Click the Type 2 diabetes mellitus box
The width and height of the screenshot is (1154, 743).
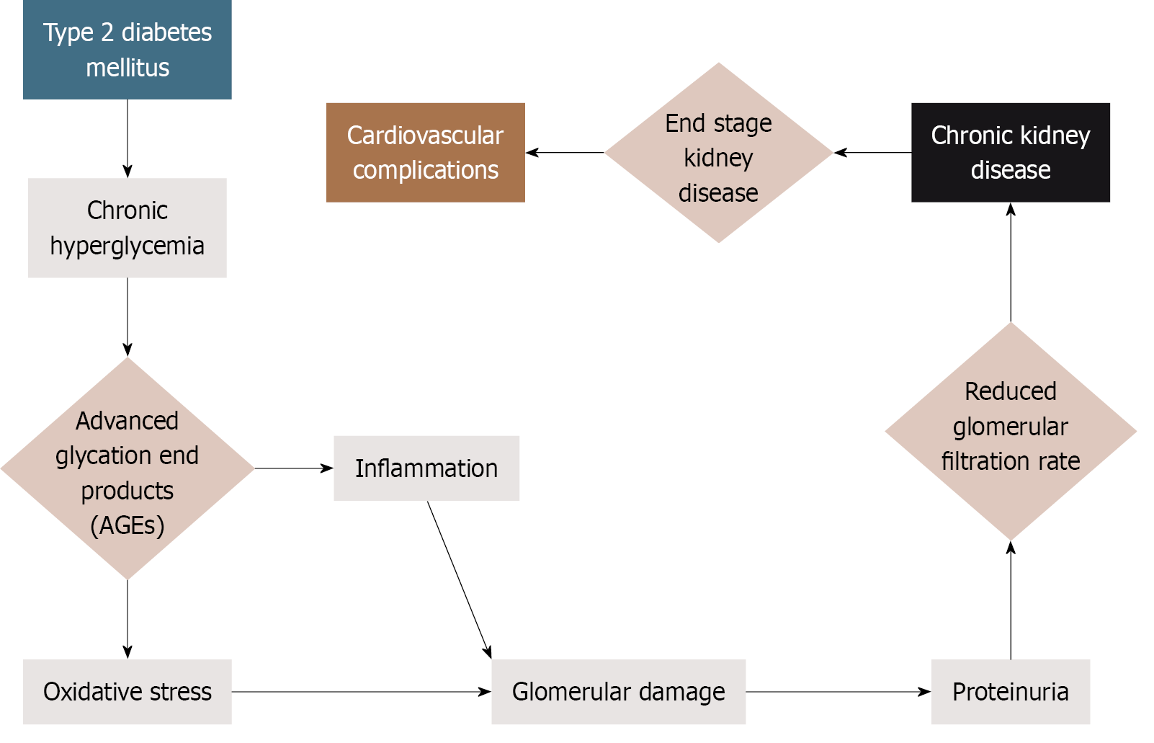pos(127,50)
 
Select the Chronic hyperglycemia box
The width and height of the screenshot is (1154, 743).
pos(127,228)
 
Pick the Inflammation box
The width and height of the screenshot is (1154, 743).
pos(426,468)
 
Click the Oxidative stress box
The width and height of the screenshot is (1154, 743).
pos(127,692)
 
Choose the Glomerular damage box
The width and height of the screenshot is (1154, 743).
pos(618,692)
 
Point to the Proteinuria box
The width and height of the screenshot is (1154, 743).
pos(1010,692)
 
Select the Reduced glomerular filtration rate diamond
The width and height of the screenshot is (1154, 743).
pos(1010,430)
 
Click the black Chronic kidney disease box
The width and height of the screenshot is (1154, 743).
pos(1010,152)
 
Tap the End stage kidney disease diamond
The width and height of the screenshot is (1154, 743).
pos(718,153)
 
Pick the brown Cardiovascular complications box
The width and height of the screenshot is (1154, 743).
pos(425,152)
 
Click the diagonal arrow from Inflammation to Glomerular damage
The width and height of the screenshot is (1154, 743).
pos(459,579)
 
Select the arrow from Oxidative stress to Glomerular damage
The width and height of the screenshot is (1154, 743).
pos(360,692)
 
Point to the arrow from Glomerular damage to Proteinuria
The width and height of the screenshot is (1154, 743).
pos(837,692)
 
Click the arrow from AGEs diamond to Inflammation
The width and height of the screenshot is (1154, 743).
pos(293,468)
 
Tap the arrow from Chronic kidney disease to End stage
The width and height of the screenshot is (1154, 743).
pos(872,153)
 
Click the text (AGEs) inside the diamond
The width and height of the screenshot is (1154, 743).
pos(128,525)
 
